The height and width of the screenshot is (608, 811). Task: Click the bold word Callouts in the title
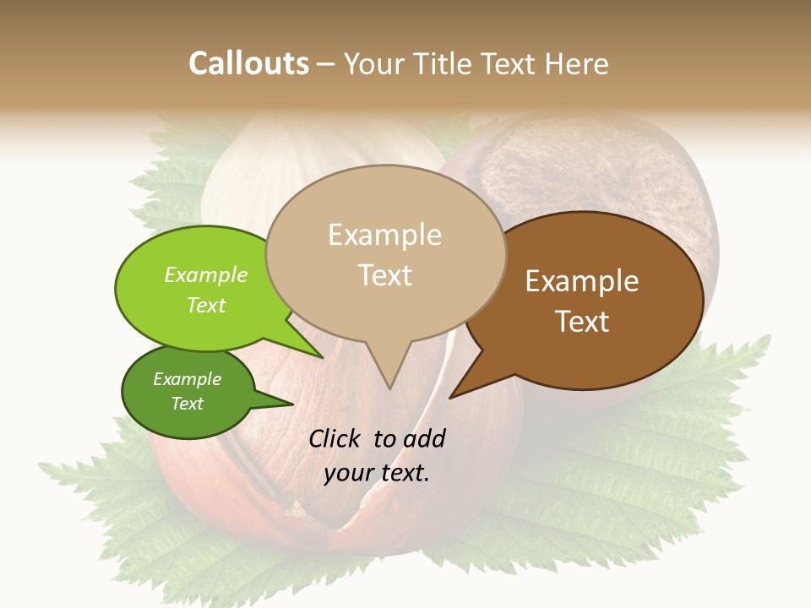pos(248,63)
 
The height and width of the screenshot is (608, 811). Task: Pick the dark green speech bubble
pos(188,392)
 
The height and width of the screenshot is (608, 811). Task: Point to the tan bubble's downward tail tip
pos(389,388)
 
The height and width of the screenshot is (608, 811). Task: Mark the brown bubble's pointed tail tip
pos(450,397)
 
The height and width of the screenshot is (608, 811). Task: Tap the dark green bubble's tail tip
pos(292,404)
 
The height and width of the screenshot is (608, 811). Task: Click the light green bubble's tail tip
pos(324,357)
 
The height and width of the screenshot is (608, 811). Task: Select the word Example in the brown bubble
pos(582,281)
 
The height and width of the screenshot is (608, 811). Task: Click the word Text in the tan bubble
pos(385,275)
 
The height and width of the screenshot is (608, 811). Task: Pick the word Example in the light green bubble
pos(206,274)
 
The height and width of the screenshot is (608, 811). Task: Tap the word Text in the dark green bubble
pos(188,404)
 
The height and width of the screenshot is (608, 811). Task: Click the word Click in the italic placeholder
pos(335,438)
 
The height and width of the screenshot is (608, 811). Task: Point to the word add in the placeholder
pos(423,438)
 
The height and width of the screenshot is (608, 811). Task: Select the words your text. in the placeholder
pos(377,473)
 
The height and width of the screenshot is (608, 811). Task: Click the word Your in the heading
pos(373,63)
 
